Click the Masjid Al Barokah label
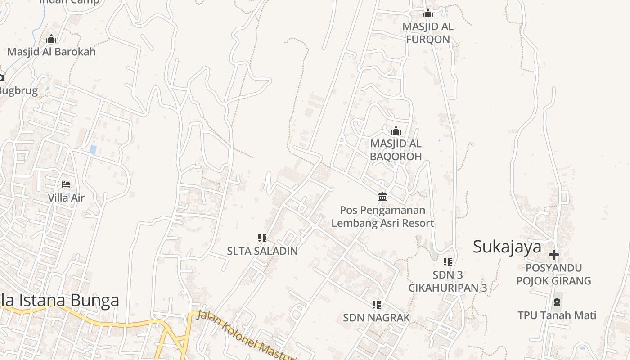click(51, 52)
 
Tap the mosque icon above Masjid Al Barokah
click(51, 39)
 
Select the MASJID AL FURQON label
click(428, 33)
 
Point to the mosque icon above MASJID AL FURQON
click(428, 13)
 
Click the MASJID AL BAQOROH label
click(396, 150)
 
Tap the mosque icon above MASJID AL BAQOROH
click(396, 130)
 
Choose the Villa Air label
click(66, 198)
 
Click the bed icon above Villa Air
click(66, 184)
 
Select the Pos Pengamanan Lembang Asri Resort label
click(382, 216)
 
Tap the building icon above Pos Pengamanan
click(382, 197)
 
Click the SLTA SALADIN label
click(262, 251)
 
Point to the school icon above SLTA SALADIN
click(262, 238)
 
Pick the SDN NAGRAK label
click(377, 318)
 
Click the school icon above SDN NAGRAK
click(377, 305)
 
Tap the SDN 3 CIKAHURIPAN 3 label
click(448, 281)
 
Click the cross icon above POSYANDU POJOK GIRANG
click(554, 255)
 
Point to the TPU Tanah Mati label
click(557, 315)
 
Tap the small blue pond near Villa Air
click(93, 149)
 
